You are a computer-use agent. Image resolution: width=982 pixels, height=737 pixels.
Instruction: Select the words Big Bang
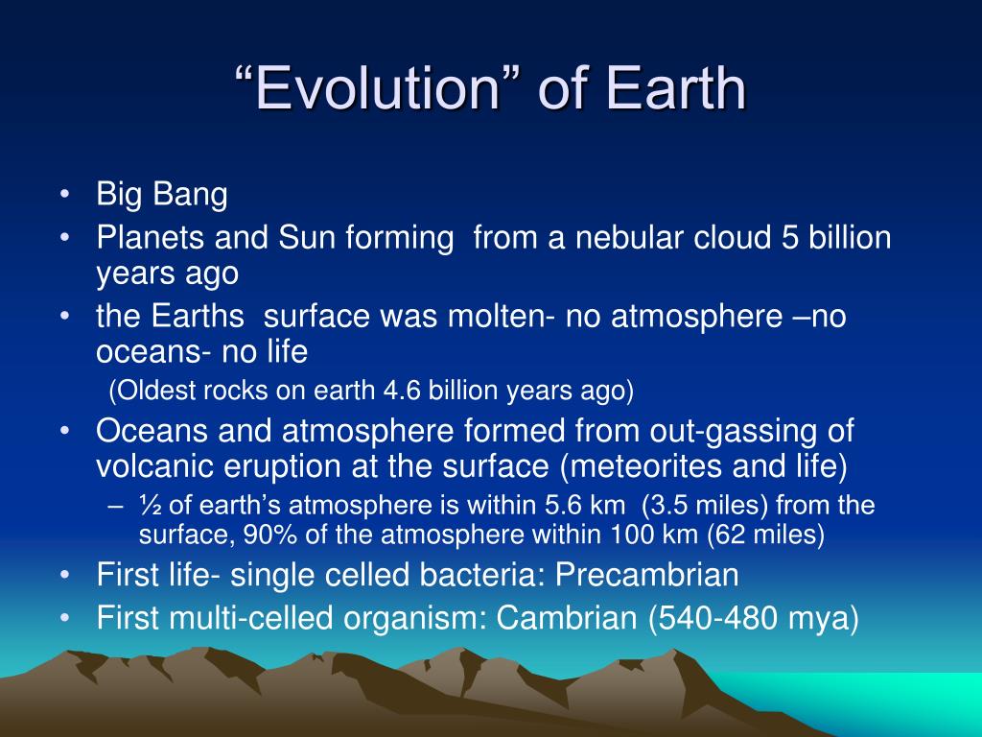click(x=161, y=194)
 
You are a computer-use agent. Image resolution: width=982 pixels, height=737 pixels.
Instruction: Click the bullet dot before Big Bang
click(x=64, y=194)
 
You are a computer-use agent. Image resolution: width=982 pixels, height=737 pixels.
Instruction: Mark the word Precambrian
click(x=647, y=575)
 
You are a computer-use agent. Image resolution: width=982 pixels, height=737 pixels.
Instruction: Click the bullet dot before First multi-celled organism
click(x=64, y=618)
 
